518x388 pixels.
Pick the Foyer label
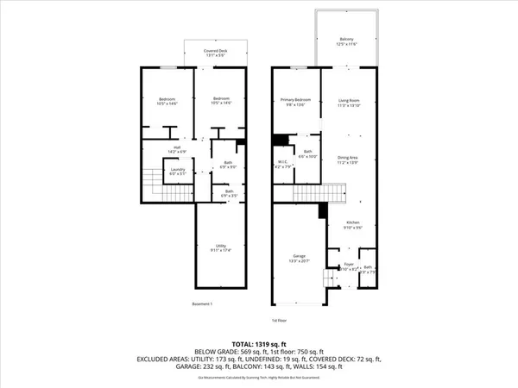pyautogui.click(x=348, y=266)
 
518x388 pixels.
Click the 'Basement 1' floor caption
pyautogui.click(x=202, y=304)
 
